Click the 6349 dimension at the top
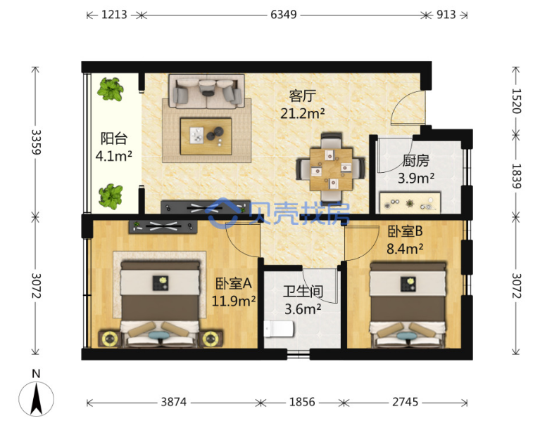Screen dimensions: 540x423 pyautogui.click(x=284, y=15)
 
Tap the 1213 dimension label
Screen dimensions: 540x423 pyautogui.click(x=114, y=15)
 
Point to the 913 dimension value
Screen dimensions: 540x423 pyautogui.click(x=446, y=15)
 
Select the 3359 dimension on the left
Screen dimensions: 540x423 pyautogui.click(x=36, y=142)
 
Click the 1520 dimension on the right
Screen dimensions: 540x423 pyautogui.click(x=516, y=101)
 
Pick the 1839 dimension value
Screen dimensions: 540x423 pyautogui.click(x=516, y=176)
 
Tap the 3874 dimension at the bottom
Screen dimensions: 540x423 pyautogui.click(x=174, y=402)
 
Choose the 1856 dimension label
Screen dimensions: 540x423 pyautogui.click(x=302, y=402)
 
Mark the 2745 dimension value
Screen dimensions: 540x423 pyautogui.click(x=406, y=402)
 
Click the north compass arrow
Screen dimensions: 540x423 pyautogui.click(x=36, y=398)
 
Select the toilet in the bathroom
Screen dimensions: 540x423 pyautogui.click(x=279, y=329)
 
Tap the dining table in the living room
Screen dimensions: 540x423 pyautogui.click(x=331, y=169)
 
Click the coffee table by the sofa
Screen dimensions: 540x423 pyautogui.click(x=206, y=136)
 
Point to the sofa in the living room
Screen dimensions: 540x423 pyautogui.click(x=206, y=91)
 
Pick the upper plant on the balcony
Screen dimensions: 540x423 pyautogui.click(x=111, y=89)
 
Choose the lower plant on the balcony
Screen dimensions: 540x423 pyautogui.click(x=111, y=197)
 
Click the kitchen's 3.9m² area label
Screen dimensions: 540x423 pyautogui.click(x=416, y=178)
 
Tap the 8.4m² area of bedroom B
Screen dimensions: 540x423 pyautogui.click(x=405, y=249)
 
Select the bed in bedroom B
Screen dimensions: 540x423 pyautogui.click(x=408, y=305)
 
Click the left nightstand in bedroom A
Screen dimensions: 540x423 pyautogui.click(x=110, y=339)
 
